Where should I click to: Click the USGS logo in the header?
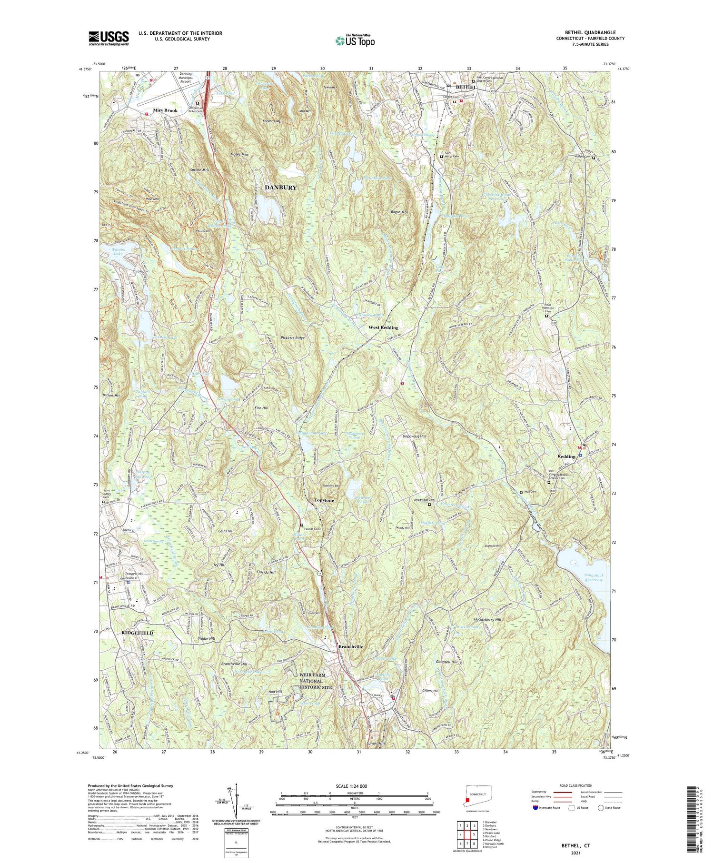pyautogui.click(x=109, y=38)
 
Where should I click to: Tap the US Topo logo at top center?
pyautogui.click(x=355, y=40)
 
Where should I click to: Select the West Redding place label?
pyautogui.click(x=384, y=328)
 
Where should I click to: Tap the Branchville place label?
pyautogui.click(x=350, y=647)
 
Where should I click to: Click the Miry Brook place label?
pyautogui.click(x=165, y=110)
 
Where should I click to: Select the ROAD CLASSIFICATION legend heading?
pyautogui.click(x=568, y=786)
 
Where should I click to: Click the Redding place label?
pyautogui.click(x=566, y=456)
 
